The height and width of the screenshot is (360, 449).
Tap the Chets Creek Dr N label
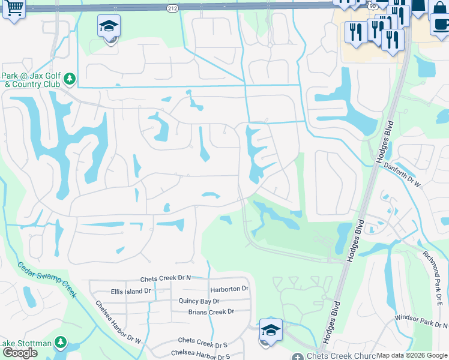[x=165, y=279]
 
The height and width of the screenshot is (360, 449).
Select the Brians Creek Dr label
[x=211, y=312]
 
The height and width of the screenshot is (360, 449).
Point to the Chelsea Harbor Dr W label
[x=118, y=322]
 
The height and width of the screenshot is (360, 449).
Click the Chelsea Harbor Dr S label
[x=200, y=355]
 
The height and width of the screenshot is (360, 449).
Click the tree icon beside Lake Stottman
[x=60, y=342]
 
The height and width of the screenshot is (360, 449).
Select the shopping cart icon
[x=14, y=8]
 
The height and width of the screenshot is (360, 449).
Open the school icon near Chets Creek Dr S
[x=270, y=330]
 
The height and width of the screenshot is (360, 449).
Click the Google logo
[x=20, y=353]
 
